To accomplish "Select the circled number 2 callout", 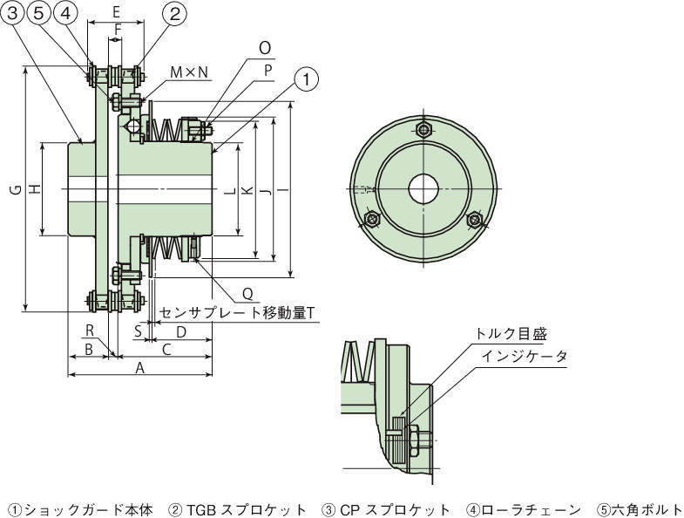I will pos(174,13).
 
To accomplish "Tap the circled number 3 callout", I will pos(14,13).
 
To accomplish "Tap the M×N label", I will pos(188,72).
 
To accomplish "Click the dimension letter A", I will pos(139,369).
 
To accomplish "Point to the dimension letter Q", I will pos(247,294).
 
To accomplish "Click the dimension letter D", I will pos(181,332).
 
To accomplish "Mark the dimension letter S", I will pos(138,331).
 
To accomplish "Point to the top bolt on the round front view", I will pos(423,131).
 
